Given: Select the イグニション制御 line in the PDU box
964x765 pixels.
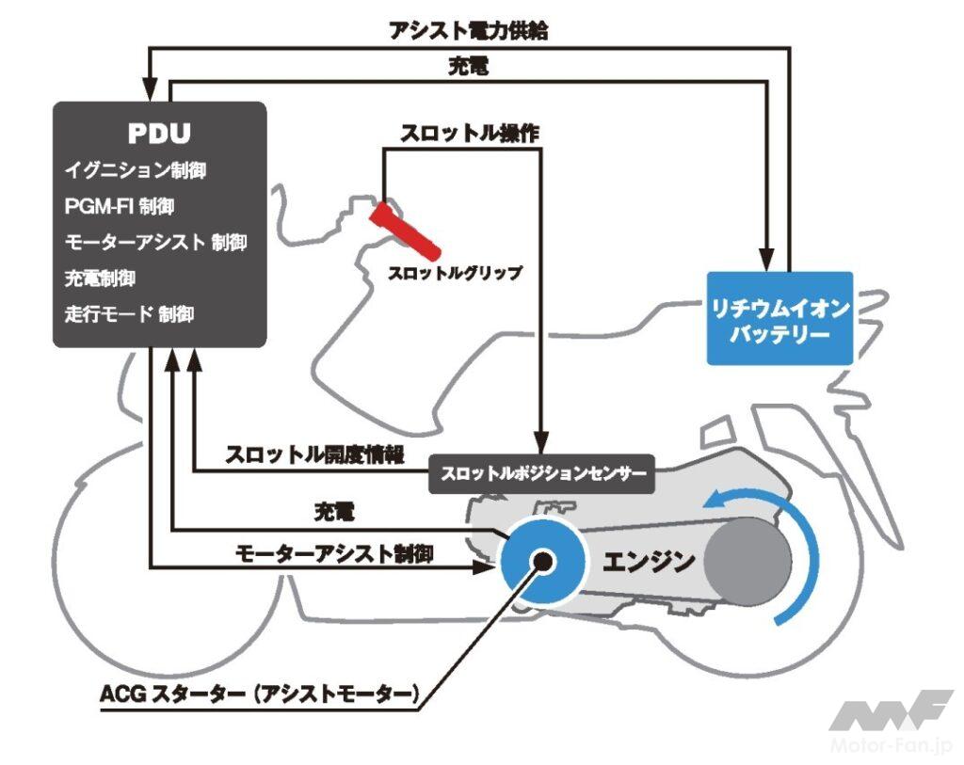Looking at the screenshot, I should pos(136,170).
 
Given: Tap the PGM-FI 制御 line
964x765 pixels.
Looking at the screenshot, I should pos(120,206).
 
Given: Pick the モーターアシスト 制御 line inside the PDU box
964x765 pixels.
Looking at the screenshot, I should pos(155,242).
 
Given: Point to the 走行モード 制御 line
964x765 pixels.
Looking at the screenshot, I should pos(129,314).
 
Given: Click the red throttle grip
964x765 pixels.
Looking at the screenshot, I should pos(404,230).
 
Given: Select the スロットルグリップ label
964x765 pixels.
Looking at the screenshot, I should pos(456,274).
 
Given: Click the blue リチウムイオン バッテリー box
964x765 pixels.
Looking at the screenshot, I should pos(779,318).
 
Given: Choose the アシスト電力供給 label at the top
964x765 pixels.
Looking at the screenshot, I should pos(468,31).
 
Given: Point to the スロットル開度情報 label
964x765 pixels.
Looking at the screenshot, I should pos(314,454).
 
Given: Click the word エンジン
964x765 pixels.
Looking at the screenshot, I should pos(649,562).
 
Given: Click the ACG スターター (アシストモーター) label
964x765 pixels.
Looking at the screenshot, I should pos(259,695).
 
